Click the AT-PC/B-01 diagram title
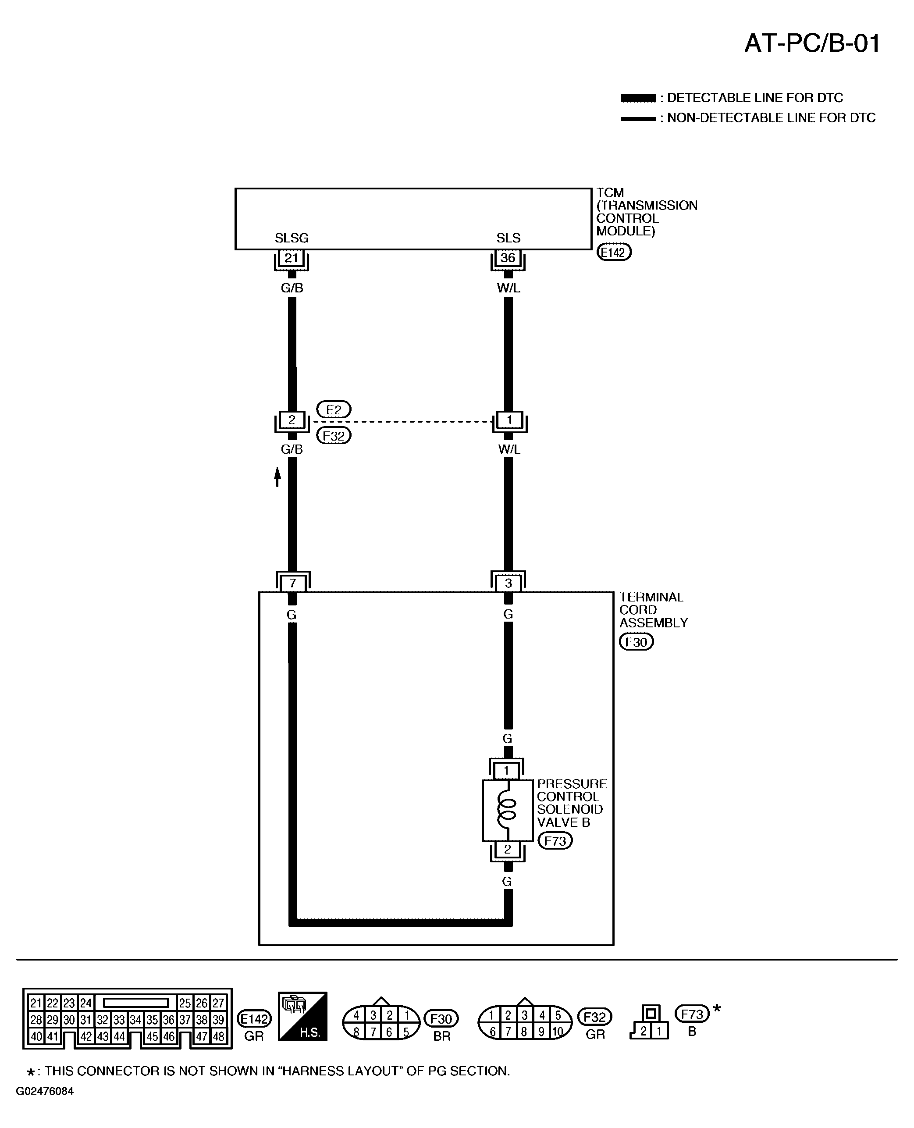coord(812,43)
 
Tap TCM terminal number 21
coord(291,258)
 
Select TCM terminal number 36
coord(508,258)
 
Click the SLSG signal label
coord(292,238)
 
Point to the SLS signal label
coord(509,238)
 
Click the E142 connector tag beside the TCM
coord(614,252)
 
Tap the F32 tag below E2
coord(334,436)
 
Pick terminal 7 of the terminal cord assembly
coord(293,584)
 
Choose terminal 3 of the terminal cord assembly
coord(508,584)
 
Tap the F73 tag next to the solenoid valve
coord(555,841)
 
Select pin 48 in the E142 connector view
coord(218,1036)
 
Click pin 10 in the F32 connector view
coord(558,1032)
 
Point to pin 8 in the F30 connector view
coord(356,1032)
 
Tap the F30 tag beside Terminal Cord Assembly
coord(637,642)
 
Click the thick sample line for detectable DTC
coord(638,98)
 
